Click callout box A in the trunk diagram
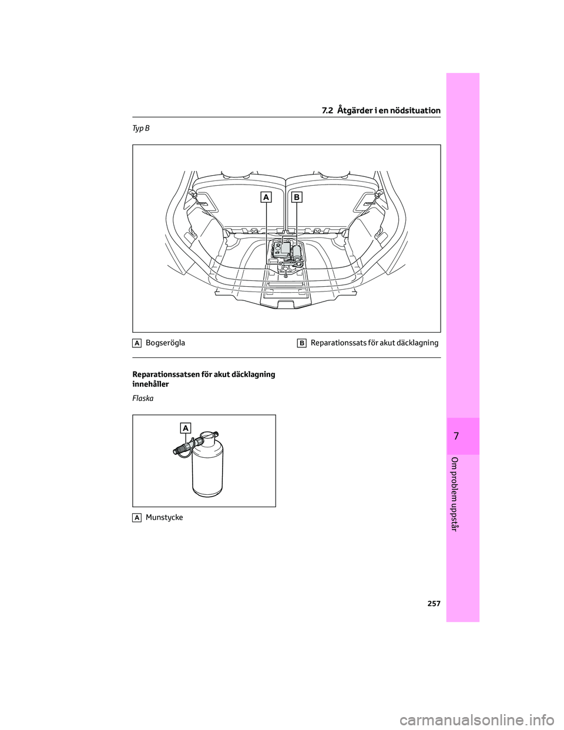(x=267, y=198)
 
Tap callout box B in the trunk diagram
(x=297, y=198)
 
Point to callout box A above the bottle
(x=186, y=429)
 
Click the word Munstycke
(x=164, y=517)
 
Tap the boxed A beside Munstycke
(x=136, y=517)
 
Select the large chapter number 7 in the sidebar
(x=462, y=436)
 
